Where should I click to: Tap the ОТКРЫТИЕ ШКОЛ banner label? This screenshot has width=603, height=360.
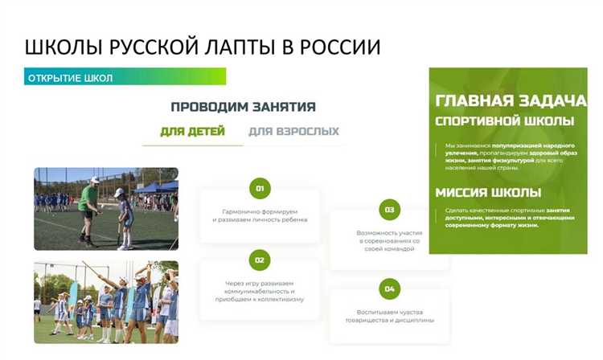tap(70, 78)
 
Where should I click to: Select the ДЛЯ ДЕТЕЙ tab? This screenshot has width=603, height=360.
tap(192, 131)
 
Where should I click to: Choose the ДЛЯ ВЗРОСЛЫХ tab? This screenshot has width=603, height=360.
tap(293, 131)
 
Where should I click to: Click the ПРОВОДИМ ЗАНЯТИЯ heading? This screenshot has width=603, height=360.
tap(243, 106)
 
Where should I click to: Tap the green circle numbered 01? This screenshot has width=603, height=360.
tap(259, 189)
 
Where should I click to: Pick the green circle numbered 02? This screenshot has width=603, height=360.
tap(259, 260)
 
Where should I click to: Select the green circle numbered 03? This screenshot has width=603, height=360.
tap(389, 210)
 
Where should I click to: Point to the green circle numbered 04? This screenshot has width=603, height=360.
tap(389, 288)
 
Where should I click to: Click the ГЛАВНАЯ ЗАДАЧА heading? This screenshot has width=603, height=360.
tap(511, 101)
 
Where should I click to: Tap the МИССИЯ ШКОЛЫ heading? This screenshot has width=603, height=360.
tap(487, 193)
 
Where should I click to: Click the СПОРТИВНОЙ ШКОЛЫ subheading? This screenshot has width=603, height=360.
tap(504, 121)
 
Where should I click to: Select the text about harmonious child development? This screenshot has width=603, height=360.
tap(259, 215)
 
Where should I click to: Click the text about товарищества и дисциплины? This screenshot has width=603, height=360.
tap(389, 315)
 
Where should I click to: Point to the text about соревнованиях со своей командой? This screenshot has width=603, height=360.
tap(389, 241)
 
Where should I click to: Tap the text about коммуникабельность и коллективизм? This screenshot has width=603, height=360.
tap(259, 291)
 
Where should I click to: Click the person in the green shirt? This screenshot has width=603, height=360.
tap(89, 205)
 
